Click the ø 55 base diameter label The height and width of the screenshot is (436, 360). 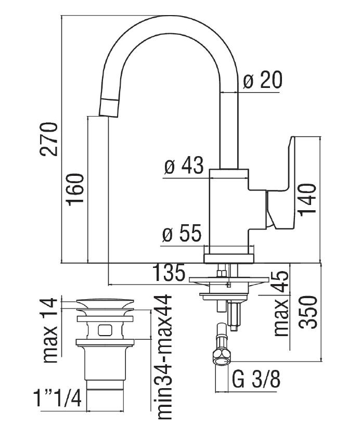click(181, 235)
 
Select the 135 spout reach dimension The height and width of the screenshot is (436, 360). click(170, 273)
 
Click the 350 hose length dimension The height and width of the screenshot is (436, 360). click(308, 312)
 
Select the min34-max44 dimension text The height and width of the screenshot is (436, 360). click(164, 364)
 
